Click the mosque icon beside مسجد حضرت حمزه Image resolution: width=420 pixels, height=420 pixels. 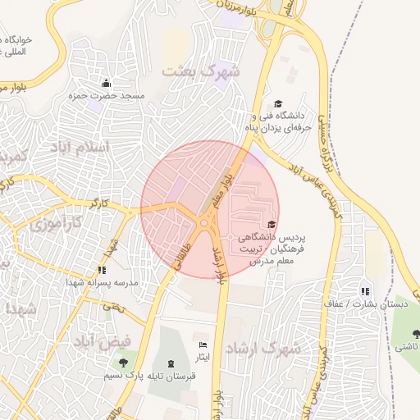click(105, 83)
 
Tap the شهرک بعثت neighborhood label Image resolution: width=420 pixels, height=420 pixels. click(201, 71)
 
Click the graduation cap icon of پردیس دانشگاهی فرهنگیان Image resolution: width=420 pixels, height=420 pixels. click(271, 224)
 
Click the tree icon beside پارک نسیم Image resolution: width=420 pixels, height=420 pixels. click(123, 362)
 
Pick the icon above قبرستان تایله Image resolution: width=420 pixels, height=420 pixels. click(170, 363)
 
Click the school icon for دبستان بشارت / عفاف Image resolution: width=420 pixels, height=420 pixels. click(365, 290)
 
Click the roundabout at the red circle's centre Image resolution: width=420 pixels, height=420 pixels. click(203, 223)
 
